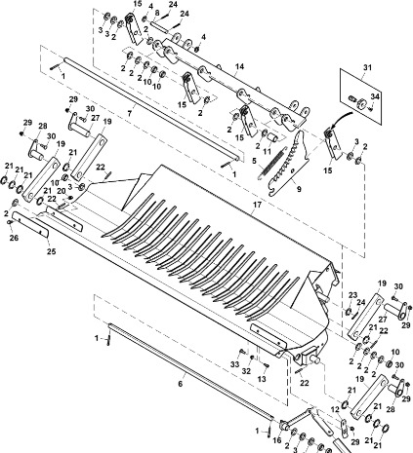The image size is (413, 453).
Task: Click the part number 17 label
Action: [257, 205]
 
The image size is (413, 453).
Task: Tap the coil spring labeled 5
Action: [271, 164]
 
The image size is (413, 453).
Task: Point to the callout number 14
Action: [239, 66]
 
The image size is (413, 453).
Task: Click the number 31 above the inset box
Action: [367, 67]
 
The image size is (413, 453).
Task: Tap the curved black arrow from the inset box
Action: [341, 119]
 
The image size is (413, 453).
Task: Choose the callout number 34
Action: [375, 96]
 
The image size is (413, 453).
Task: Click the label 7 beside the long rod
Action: [130, 113]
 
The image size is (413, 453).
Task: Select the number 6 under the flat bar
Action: [181, 384]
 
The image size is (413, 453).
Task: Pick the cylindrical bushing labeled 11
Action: [272, 139]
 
